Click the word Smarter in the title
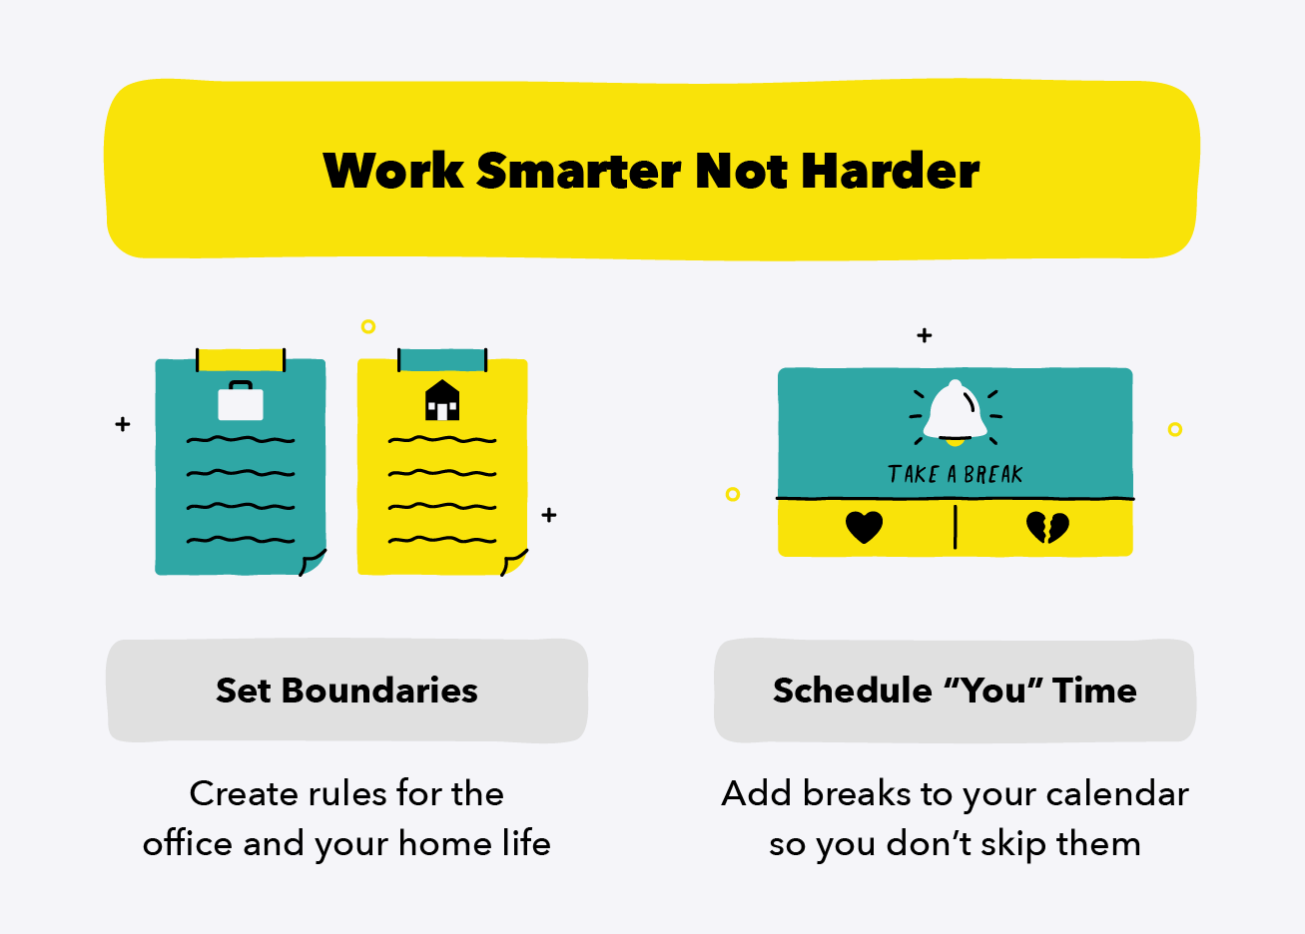click(x=580, y=171)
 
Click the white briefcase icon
click(x=241, y=401)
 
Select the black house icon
click(x=442, y=400)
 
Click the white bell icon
click(x=956, y=411)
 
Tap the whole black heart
click(x=864, y=526)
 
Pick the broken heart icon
click(x=1047, y=526)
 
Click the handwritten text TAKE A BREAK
click(x=956, y=475)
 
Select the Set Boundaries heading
click(x=346, y=691)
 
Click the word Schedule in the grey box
click(x=852, y=691)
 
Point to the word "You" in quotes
click(x=993, y=691)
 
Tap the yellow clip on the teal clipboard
click(x=241, y=359)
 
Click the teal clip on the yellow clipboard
click(x=442, y=359)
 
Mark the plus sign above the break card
click(x=925, y=335)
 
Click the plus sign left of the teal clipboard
click(x=123, y=424)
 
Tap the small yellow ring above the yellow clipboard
click(x=368, y=326)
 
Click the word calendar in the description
click(x=1117, y=794)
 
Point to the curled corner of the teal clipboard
click(x=313, y=562)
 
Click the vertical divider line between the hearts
click(x=956, y=527)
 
